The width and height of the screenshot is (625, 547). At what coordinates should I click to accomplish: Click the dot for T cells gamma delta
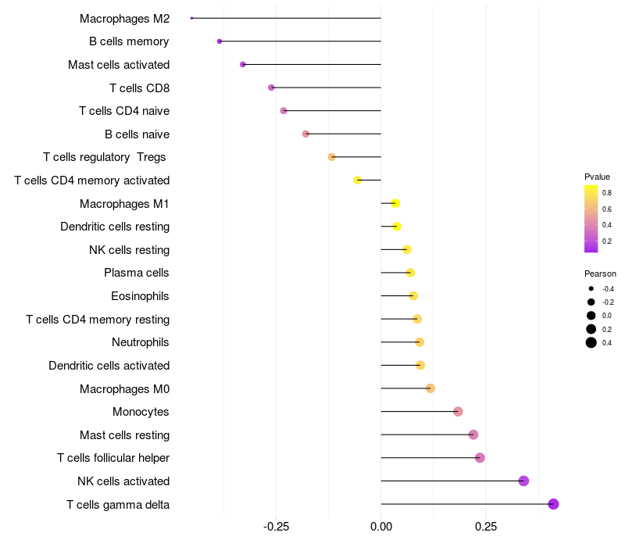coord(553,504)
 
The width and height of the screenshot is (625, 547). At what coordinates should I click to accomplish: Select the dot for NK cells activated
coord(523,481)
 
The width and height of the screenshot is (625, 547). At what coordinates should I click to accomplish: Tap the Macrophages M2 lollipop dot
coord(191,18)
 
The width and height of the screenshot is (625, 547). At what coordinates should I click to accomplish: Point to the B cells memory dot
coord(220,41)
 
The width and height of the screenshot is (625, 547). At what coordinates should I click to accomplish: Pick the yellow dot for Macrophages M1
coord(395,203)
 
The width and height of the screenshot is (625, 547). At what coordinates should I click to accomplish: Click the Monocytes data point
coord(458,412)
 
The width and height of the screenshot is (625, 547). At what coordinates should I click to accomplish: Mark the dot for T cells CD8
coord(271,88)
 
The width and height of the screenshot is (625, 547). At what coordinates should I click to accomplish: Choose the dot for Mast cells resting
coord(473,434)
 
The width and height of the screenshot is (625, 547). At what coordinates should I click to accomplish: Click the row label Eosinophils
coord(140,296)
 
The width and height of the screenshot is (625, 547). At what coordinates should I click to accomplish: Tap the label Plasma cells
coord(137,273)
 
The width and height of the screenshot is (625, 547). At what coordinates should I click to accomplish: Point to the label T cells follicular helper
coord(113,458)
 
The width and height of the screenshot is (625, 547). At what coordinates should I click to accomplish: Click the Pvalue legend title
coord(597,177)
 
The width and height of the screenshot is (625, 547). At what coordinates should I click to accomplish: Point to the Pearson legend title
coord(600,273)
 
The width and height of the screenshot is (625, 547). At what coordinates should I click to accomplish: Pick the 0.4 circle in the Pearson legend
coord(591,342)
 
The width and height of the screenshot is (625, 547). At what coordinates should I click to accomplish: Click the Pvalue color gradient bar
coord(591,219)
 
